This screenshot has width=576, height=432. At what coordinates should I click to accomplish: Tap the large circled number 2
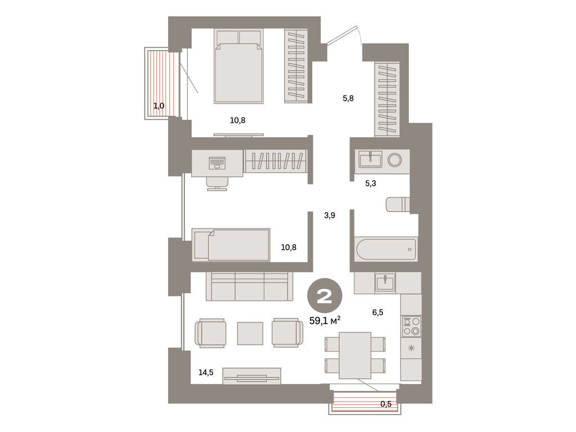coord(325,296)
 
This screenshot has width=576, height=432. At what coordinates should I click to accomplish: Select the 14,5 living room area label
coord(205,372)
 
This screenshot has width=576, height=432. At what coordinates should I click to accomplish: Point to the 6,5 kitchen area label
coord(377,312)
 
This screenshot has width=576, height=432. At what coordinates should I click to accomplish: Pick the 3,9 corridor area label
coord(330,215)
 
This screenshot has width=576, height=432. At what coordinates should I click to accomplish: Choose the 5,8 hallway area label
coord(348,98)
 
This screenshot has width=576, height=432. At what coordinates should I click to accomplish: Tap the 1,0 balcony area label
coord(159,105)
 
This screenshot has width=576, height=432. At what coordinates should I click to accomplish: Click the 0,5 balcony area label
coord(386,404)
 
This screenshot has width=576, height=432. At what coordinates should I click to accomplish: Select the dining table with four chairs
coord(355,354)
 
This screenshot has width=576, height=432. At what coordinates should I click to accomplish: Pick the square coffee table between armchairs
coord(250,333)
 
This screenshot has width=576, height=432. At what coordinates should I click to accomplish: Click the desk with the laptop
coord(218,163)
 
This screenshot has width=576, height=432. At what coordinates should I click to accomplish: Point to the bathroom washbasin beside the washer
coord(370,159)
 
